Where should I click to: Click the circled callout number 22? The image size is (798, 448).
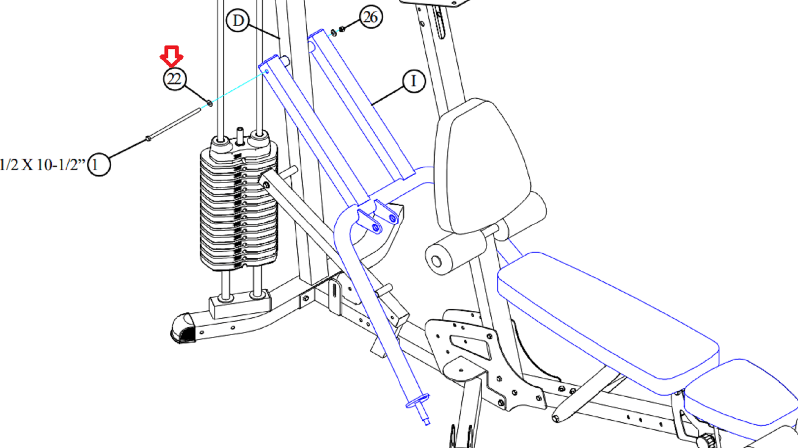(x=174, y=79)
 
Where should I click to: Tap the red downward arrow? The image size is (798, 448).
(x=172, y=56)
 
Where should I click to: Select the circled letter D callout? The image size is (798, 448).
(x=238, y=20)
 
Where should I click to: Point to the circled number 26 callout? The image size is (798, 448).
(x=371, y=17)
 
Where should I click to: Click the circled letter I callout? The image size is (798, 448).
(x=414, y=81)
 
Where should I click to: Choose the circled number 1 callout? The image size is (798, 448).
(x=99, y=164)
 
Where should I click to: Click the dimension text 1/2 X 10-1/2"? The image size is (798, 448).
(x=43, y=165)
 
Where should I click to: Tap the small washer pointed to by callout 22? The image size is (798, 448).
(x=210, y=103)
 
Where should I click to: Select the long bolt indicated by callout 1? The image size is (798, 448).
(x=174, y=124)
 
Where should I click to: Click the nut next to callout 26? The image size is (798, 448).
(x=341, y=29)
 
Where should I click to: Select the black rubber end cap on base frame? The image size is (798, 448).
(x=183, y=329)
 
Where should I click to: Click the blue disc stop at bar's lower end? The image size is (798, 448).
(x=418, y=401)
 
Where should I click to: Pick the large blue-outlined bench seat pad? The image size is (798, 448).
(x=608, y=323)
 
